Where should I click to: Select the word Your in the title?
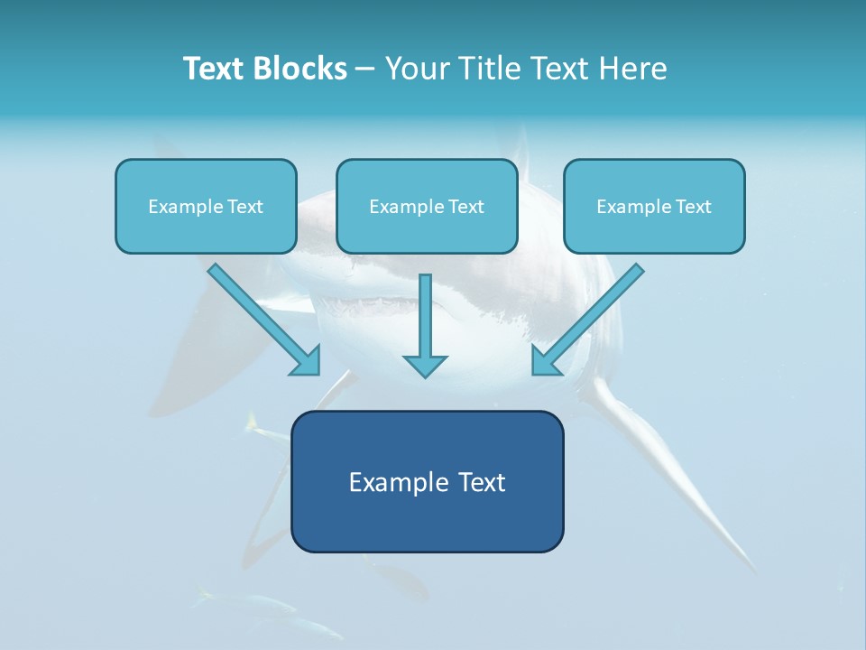(x=418, y=69)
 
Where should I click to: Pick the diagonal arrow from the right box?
(x=590, y=317)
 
